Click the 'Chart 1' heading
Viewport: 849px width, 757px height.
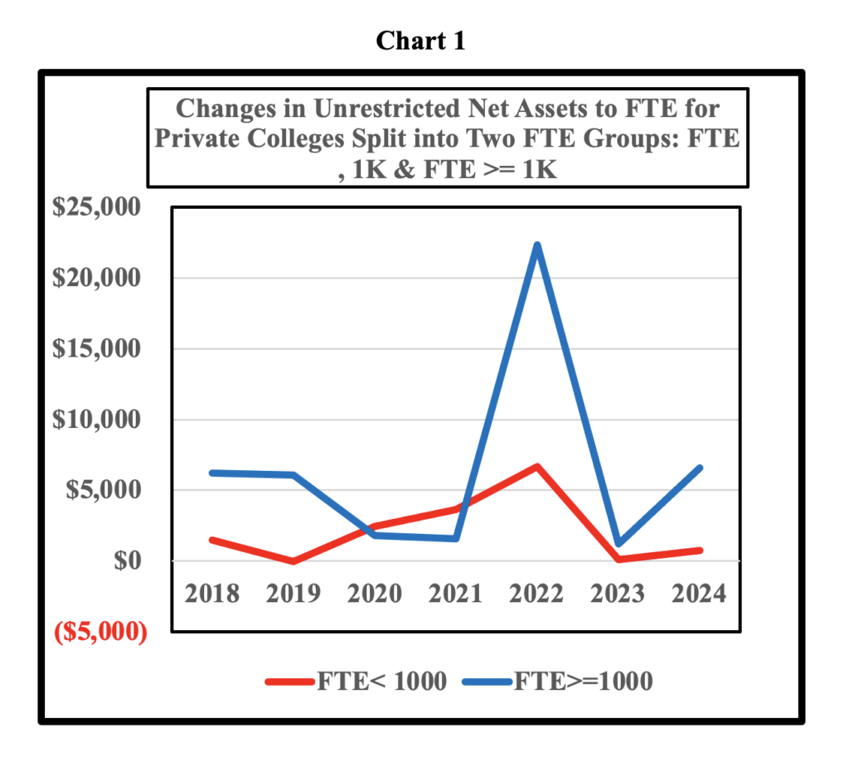point(420,41)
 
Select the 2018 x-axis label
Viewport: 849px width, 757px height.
point(212,594)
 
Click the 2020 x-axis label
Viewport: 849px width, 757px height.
point(375,594)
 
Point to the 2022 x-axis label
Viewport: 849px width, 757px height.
point(536,594)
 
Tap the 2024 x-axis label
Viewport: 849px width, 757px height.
point(698,594)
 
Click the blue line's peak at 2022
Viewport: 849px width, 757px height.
point(537,245)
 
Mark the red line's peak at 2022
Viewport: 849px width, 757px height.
point(537,467)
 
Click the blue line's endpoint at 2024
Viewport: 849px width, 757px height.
point(700,468)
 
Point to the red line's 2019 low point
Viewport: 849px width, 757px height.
point(294,561)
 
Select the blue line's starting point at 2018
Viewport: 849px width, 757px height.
point(213,473)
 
